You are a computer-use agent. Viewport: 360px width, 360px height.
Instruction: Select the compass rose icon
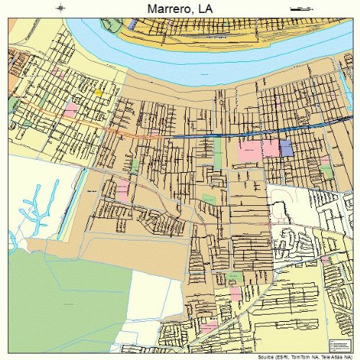click(x=60, y=8)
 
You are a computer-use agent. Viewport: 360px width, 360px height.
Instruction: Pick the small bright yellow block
click(x=99, y=92)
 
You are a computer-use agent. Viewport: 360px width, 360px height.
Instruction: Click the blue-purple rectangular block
click(x=287, y=148)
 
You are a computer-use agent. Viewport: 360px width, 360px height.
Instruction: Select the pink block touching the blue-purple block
click(x=270, y=148)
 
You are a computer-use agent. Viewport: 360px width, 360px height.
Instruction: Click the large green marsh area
click(x=65, y=302)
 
